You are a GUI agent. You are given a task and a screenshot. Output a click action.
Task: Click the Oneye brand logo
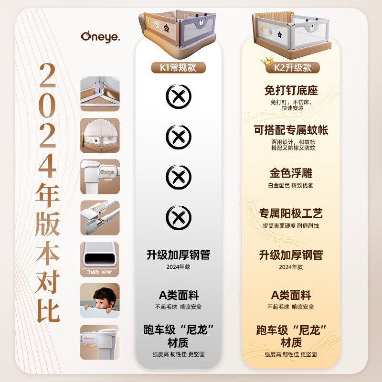tap(99, 36)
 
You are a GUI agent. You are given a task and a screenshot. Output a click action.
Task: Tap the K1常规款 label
tap(178, 67)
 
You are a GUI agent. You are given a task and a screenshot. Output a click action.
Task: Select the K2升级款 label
tap(292, 68)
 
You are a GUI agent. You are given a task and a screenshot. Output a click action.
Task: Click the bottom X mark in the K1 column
tap(178, 218)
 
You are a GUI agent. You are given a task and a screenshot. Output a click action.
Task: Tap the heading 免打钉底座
tap(291, 90)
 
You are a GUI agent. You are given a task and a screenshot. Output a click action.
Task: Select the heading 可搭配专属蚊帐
tap(291, 130)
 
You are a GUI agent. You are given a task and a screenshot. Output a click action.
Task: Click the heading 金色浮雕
tap(291, 172)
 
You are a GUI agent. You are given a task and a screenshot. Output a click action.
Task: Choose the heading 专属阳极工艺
tap(291, 213)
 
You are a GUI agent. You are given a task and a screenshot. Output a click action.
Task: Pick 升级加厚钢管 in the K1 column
tap(178, 255)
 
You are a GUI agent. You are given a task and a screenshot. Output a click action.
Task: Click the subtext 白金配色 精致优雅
tap(291, 185)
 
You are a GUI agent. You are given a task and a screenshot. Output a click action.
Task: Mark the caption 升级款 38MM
tap(100, 273)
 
